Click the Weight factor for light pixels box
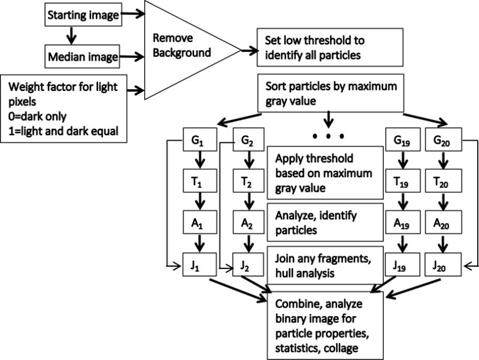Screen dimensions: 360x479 click(x=64, y=108)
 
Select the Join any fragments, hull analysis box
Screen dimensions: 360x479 click(x=325, y=264)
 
